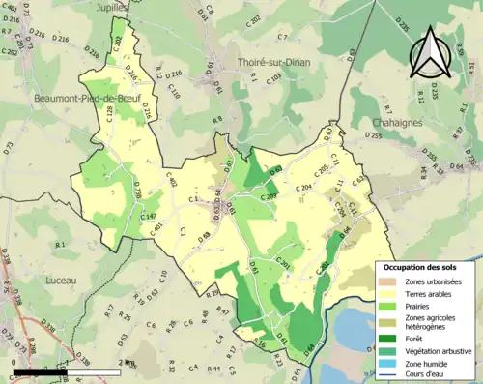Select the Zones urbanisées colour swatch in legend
[392, 281]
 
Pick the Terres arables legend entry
[434, 294]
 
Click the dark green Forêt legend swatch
[392, 337]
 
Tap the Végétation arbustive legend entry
[440, 349]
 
